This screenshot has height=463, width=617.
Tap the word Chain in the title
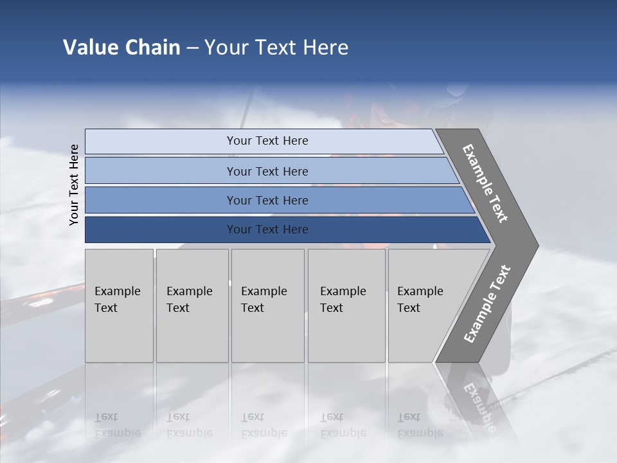[152, 48]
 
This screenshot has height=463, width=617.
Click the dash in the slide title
[192, 48]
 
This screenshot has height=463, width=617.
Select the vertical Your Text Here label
[75, 185]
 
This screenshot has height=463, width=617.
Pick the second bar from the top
[267, 171]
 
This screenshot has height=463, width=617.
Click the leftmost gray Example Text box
[119, 305]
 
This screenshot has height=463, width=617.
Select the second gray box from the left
[192, 305]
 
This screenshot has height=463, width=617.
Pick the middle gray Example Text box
[267, 305]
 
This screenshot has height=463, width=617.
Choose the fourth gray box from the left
[346, 305]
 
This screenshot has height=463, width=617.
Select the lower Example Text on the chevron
[487, 304]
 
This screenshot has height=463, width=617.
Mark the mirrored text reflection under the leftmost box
[118, 425]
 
